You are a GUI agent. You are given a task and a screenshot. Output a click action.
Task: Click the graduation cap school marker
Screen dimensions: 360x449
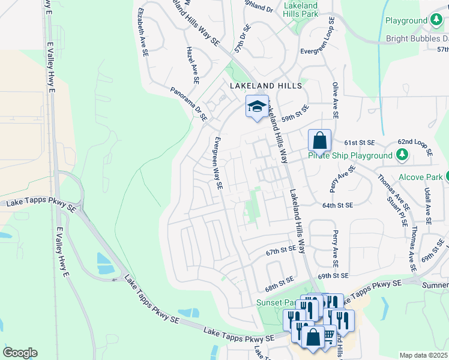click(257, 107)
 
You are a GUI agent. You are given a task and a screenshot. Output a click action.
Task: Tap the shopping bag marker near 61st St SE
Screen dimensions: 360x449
click(320, 141)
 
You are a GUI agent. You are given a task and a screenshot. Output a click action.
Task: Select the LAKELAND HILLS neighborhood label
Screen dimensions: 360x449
click(266, 86)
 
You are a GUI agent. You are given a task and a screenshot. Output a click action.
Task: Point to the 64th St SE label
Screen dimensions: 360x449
click(337, 205)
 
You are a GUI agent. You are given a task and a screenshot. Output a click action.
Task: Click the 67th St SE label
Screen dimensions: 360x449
click(281, 248)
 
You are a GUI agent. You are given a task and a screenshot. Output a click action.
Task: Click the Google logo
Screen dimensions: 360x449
click(20, 353)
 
